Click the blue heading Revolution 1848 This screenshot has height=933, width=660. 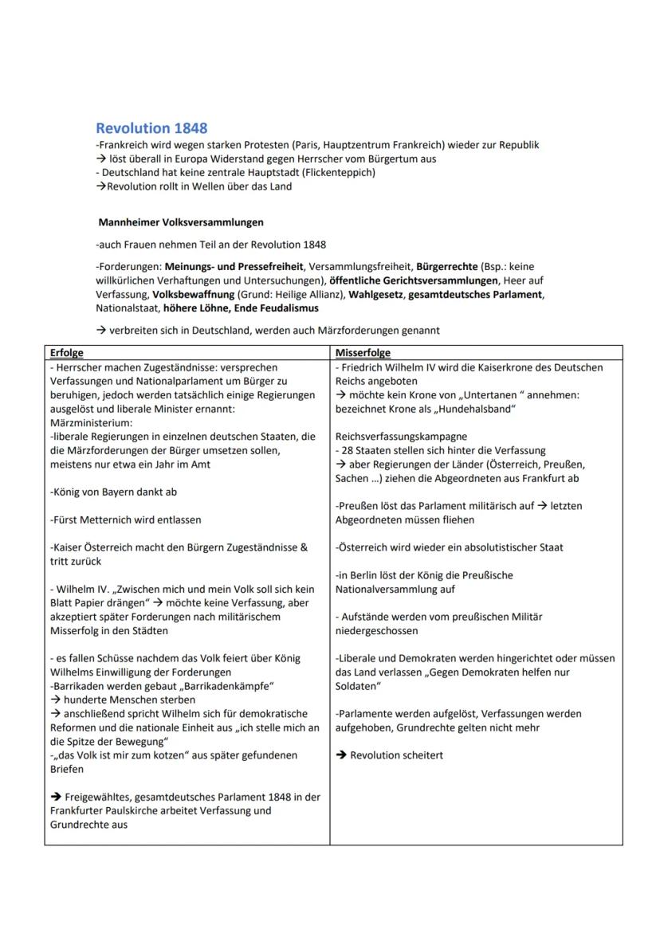[x=151, y=128]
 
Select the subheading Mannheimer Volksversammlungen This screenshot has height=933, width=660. [x=181, y=222]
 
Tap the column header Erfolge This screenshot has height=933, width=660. [x=66, y=352]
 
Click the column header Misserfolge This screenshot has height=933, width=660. [x=363, y=352]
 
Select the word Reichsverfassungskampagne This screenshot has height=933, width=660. [x=401, y=437]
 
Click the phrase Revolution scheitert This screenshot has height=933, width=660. [x=396, y=755]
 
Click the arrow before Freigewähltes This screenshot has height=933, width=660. [x=55, y=797]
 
